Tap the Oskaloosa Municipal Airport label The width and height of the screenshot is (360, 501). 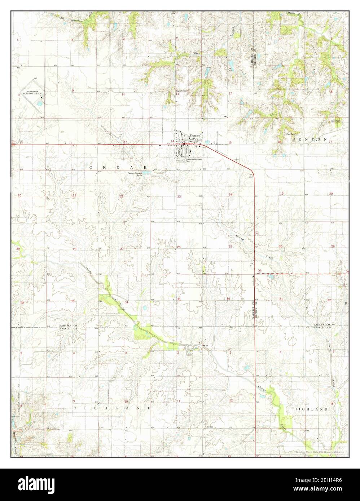point(31,93)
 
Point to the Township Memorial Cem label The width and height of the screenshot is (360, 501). point(194,160)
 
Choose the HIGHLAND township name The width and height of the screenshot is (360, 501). point(311,409)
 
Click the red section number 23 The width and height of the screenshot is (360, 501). point(179,196)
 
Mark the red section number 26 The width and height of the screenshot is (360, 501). point(178,247)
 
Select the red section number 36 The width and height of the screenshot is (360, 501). point(228,299)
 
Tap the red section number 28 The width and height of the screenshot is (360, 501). point(75,249)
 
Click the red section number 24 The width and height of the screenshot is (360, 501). point(230,195)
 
